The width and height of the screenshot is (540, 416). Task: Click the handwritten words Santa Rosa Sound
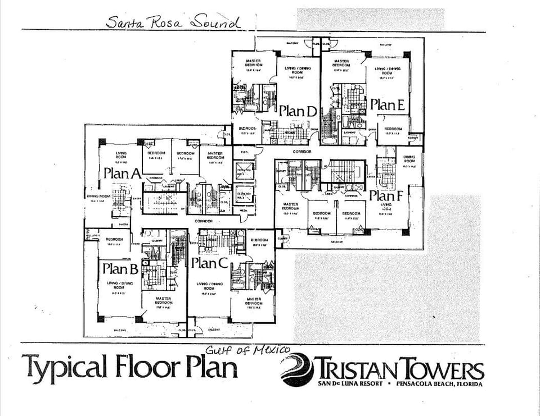click(173, 22)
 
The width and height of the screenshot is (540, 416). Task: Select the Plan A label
click(121, 174)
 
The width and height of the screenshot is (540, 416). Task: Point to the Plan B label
click(120, 269)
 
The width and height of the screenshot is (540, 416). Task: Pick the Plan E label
click(388, 105)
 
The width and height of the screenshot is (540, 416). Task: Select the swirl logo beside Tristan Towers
click(299, 369)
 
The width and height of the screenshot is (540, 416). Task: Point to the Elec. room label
click(245, 152)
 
